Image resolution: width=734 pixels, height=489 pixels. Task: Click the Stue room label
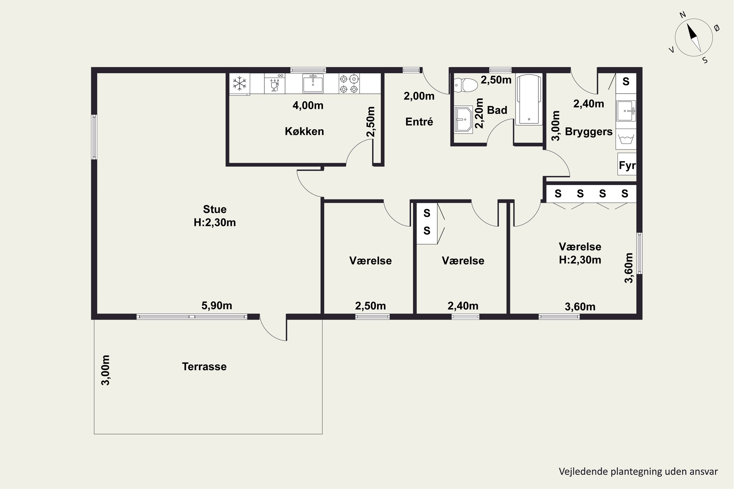215,209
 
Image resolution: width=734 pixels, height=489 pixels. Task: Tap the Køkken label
304,131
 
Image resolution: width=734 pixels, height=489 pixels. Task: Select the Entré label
419,122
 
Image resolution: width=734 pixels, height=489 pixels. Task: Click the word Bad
497,110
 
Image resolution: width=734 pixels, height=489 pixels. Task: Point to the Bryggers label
589,132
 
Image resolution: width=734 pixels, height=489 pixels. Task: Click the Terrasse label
204,367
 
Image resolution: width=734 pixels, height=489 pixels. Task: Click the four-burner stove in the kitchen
349,84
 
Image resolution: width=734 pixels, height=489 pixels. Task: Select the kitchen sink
313,84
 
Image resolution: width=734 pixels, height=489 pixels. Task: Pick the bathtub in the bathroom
529,100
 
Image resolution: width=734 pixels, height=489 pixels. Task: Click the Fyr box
627,164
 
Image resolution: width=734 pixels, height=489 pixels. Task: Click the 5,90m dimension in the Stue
217,306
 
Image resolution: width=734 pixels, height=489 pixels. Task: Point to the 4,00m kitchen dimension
308,105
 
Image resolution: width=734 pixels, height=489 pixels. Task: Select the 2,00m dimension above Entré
419,96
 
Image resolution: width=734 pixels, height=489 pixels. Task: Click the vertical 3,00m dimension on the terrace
106,370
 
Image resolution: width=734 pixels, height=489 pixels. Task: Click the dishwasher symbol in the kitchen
275,84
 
